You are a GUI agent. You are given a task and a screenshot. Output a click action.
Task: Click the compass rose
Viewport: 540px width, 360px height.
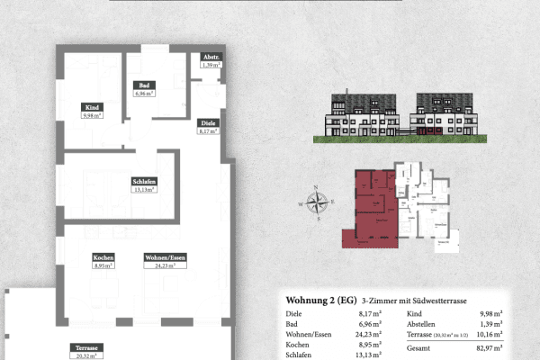point(316,203)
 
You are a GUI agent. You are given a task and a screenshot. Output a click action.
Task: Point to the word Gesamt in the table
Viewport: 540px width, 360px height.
point(419,346)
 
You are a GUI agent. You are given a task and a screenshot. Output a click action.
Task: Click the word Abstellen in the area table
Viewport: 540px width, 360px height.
point(424,323)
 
